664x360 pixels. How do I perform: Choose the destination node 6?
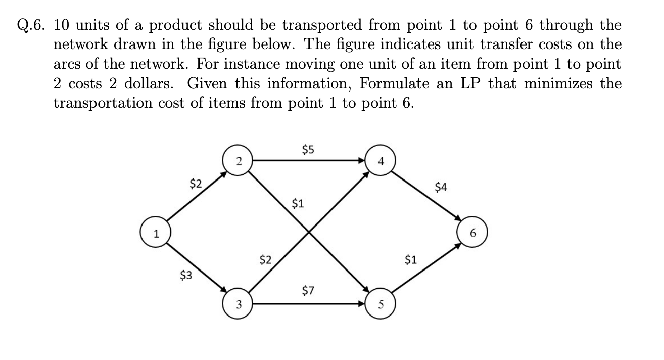(x=473, y=234)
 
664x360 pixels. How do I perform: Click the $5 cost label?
(x=308, y=149)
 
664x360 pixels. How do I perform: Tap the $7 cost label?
(x=308, y=291)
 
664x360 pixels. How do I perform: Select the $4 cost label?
(x=441, y=188)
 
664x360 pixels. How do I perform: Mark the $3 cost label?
(x=186, y=276)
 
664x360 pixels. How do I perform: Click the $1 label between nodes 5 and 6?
(x=411, y=260)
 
